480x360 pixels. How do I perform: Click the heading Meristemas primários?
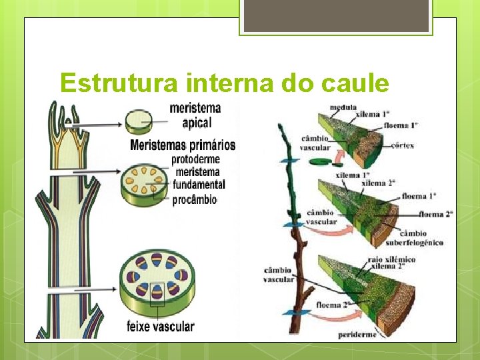[183, 145]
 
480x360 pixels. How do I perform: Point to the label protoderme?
[196, 160]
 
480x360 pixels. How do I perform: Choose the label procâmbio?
[195, 199]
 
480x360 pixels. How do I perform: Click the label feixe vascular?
[161, 326]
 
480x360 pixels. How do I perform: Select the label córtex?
[403, 145]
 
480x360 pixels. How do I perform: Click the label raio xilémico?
[391, 259]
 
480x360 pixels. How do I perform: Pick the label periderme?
[357, 333]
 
